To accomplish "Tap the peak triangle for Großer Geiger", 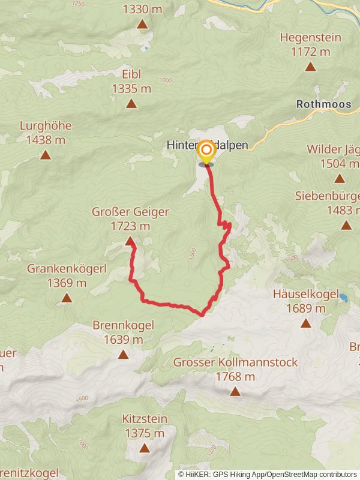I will (x=130, y=241).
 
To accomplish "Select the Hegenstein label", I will (x=310, y=37).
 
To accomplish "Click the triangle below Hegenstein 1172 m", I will (x=310, y=67).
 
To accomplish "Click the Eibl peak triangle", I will (x=131, y=104).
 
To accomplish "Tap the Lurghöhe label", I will (x=45, y=126).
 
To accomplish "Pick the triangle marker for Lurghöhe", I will (x=45, y=155).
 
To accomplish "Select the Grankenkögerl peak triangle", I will (x=67, y=298).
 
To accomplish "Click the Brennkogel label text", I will (x=123, y=325).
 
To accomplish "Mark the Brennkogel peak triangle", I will (x=123, y=355).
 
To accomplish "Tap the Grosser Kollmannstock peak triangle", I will (x=235, y=392).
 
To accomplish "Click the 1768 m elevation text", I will (x=235, y=377).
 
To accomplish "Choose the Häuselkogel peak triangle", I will (x=305, y=323).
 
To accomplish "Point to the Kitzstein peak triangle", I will (x=144, y=448).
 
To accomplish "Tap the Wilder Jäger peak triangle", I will (x=340, y=178).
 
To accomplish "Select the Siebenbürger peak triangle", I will (x=346, y=225).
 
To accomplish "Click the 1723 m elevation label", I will (x=130, y=226).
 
